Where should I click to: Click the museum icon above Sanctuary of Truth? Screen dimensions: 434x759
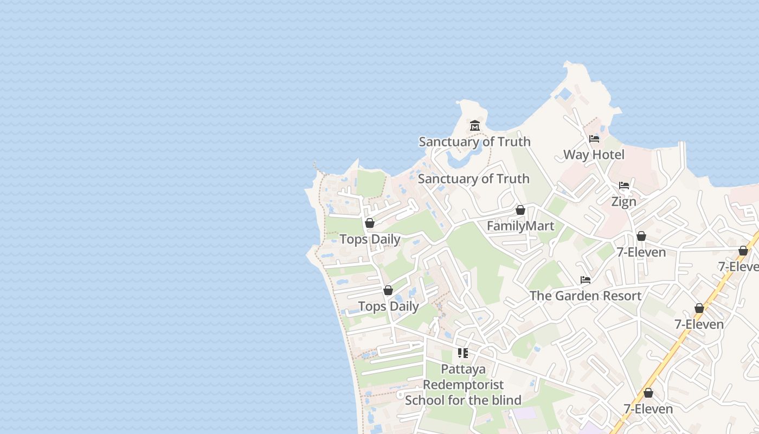[x=475, y=126]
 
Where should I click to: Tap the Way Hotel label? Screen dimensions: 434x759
[x=594, y=155]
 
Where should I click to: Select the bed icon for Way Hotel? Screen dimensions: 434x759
[x=594, y=139]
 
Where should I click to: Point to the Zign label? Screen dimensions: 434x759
[x=623, y=202]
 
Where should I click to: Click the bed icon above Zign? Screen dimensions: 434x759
[x=624, y=186]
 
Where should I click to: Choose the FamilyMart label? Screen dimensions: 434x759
[x=520, y=226]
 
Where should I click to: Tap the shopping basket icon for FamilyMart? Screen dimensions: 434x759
[x=520, y=210]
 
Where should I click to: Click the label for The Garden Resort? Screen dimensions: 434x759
[x=586, y=296]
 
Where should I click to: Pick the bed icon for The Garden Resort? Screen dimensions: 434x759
[x=586, y=280]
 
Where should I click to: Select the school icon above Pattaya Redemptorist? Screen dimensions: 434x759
[x=463, y=353]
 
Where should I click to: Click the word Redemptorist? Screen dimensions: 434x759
[x=463, y=385]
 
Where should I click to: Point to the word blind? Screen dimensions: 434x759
[x=503, y=400]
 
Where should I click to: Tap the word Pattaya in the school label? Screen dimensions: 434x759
[x=463, y=369]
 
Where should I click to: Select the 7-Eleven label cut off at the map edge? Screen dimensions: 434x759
[x=738, y=266]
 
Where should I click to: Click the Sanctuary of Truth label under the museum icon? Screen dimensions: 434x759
[x=474, y=142]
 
